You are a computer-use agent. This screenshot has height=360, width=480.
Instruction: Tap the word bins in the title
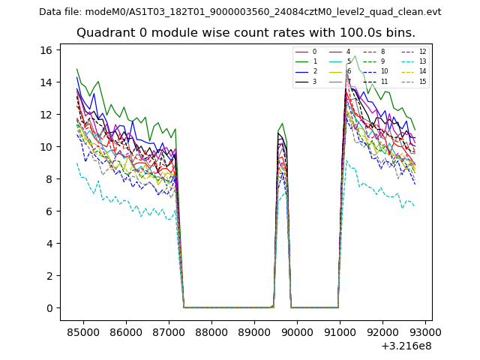coord(400,33)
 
